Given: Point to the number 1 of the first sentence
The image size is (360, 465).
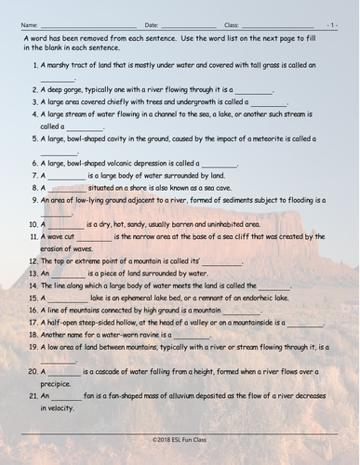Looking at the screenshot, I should (x=34, y=65).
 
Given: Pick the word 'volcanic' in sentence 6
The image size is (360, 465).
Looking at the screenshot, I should (x=130, y=162).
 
